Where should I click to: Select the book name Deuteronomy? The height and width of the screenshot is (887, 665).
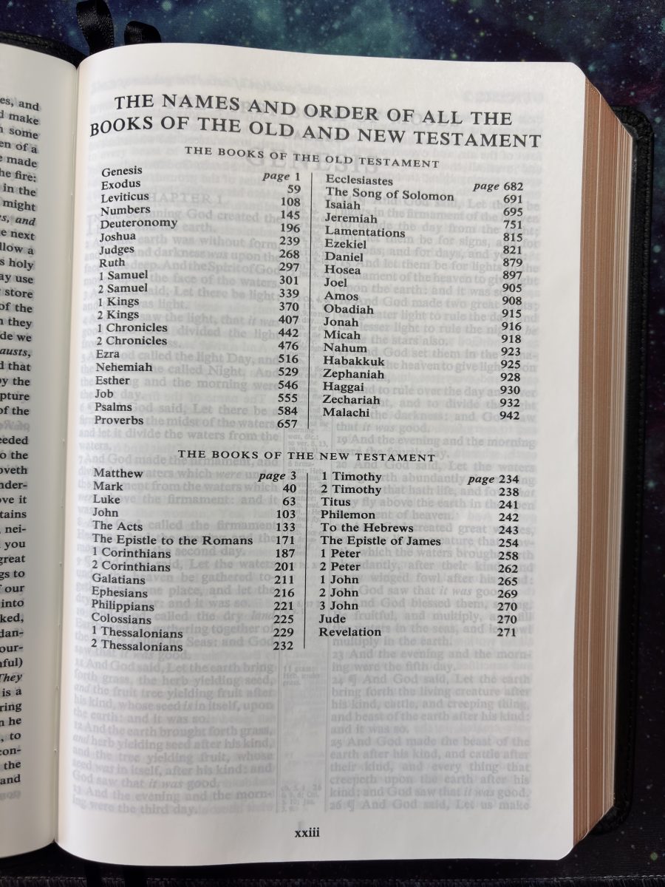click(139, 222)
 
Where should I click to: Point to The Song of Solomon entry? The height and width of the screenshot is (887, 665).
click(390, 195)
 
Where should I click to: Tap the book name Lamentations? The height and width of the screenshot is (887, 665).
click(363, 231)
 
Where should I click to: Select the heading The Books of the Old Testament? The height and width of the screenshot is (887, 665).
click(312, 150)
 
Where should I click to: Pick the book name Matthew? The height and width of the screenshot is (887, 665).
click(117, 473)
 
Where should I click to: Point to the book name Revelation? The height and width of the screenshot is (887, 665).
click(350, 632)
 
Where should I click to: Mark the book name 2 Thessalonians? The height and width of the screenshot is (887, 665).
click(137, 645)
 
